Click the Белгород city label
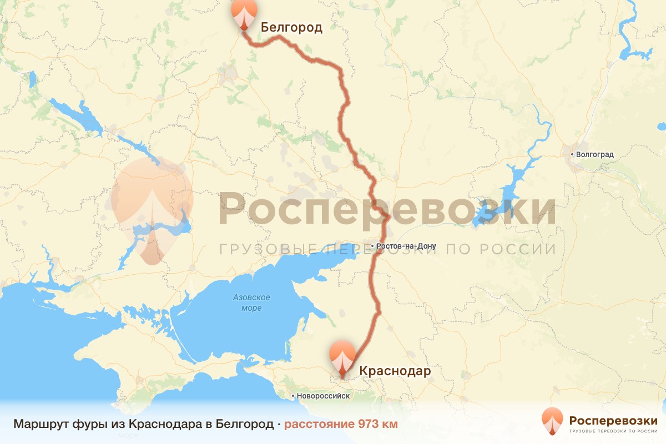pos(291,27)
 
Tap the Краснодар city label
pos(395,371)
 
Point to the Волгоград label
pos(595,154)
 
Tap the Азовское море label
pos(251,302)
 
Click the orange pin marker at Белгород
pos(245,14)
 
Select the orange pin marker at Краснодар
pos(342,357)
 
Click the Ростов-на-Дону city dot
pos(372,246)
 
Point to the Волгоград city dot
pos(573,154)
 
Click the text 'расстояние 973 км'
pos(341,425)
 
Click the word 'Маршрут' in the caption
pos(40,425)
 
